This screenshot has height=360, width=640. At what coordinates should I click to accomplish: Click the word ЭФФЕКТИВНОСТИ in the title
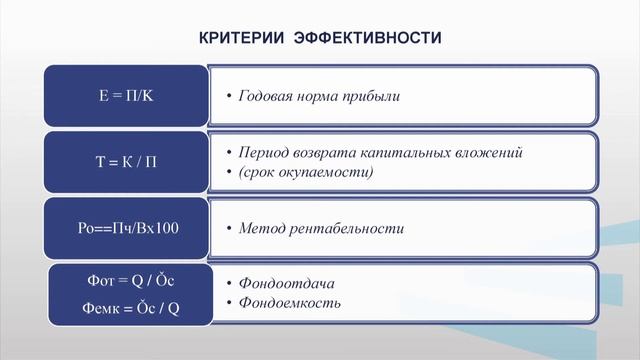[x=368, y=38]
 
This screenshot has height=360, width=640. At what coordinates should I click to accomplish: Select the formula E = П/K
[x=125, y=97]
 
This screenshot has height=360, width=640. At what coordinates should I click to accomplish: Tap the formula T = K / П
[x=125, y=162]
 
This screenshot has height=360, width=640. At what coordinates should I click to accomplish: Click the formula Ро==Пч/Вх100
[x=125, y=228]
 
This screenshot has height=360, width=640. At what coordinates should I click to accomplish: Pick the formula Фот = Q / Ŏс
[x=125, y=283]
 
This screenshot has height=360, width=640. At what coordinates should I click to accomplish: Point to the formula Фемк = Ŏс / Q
[x=125, y=309]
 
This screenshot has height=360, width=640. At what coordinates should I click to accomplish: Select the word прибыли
[x=372, y=97]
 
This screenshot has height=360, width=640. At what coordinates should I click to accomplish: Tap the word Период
[x=264, y=153]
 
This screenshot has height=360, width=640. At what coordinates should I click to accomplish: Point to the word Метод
[x=260, y=228]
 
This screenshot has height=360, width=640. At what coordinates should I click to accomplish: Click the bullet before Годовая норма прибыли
[x=228, y=98]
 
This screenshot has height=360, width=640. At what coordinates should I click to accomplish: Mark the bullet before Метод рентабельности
[x=228, y=229]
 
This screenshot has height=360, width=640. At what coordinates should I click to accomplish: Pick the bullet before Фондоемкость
[x=228, y=303]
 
